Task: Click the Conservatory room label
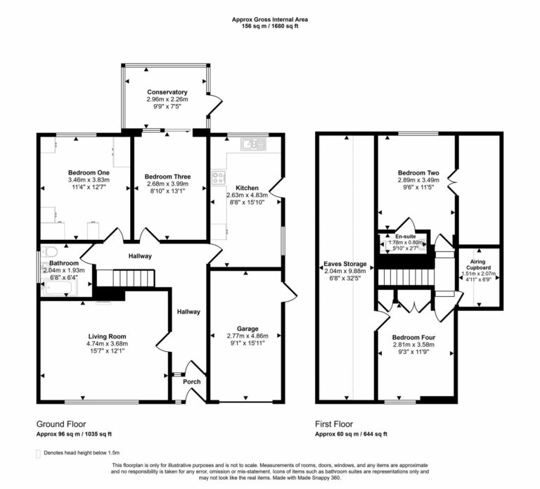pyautogui.click(x=167, y=92)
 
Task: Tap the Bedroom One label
pyautogui.click(x=84, y=172)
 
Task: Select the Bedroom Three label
pyautogui.click(x=167, y=177)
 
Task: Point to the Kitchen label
pyautogui.click(x=246, y=189)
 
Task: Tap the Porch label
pyautogui.click(x=191, y=382)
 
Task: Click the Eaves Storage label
pyautogui.click(x=345, y=265)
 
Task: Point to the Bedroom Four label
pyautogui.click(x=413, y=338)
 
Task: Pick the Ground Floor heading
pyautogui.click(x=63, y=425)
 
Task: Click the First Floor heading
pyautogui.click(x=337, y=425)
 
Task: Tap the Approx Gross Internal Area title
pyautogui.click(x=270, y=20)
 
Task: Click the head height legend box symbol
pyautogui.click(x=38, y=453)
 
